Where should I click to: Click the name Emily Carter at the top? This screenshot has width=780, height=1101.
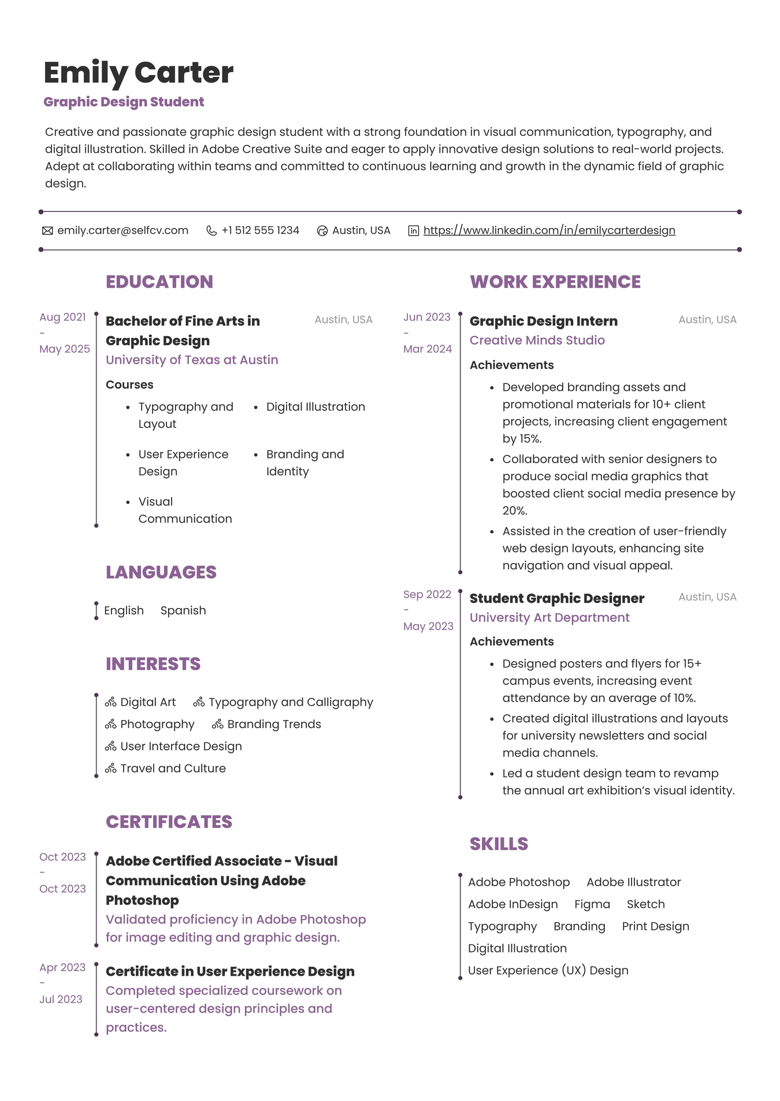pos(139,73)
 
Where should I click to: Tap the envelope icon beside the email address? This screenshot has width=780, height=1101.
pos(47,231)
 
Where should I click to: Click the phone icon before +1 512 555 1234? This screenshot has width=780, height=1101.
pos(211,231)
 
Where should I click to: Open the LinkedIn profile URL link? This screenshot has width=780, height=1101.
pos(549,230)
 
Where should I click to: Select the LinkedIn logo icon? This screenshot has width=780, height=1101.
pos(414,231)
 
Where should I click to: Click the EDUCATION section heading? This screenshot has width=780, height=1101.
pos(159,282)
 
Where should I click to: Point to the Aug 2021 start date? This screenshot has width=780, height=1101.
pos(62,317)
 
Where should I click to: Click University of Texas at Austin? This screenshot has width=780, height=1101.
pos(192,360)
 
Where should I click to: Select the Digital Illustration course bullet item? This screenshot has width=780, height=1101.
pos(315,406)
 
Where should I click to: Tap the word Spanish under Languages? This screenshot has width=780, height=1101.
pos(183,610)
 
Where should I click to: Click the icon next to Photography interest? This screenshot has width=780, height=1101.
pos(111,725)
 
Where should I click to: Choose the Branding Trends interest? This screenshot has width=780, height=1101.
pos(274,724)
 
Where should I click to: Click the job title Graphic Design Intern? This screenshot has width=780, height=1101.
pos(543,321)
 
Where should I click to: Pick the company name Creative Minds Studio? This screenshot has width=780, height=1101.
pos(537,340)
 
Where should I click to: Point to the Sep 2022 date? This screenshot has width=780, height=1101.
pos(427,594)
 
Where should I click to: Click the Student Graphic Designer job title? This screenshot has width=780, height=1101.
pos(556,598)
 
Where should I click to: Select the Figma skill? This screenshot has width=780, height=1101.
pos(592,904)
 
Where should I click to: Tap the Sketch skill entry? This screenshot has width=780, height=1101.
pos(645,904)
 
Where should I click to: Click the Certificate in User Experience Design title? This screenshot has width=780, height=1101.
pos(230,971)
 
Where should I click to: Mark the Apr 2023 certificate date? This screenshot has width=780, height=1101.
pos(62,967)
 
